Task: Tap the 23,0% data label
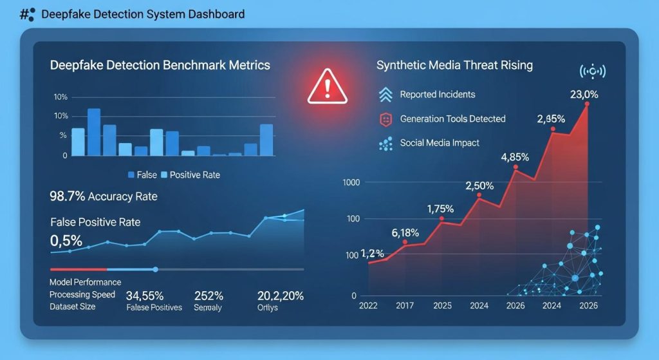click(x=584, y=95)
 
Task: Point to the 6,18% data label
click(x=405, y=232)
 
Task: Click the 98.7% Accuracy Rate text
click(x=103, y=196)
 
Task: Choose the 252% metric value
click(x=209, y=296)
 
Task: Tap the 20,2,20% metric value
click(x=280, y=296)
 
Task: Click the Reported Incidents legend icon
click(x=385, y=95)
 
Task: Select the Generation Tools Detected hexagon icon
click(x=385, y=119)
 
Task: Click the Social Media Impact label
click(x=440, y=142)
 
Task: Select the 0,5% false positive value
click(x=66, y=241)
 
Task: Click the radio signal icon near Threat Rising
click(x=593, y=70)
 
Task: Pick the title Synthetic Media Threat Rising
click(x=454, y=66)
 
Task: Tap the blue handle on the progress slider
click(x=155, y=269)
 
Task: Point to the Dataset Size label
click(x=72, y=307)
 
